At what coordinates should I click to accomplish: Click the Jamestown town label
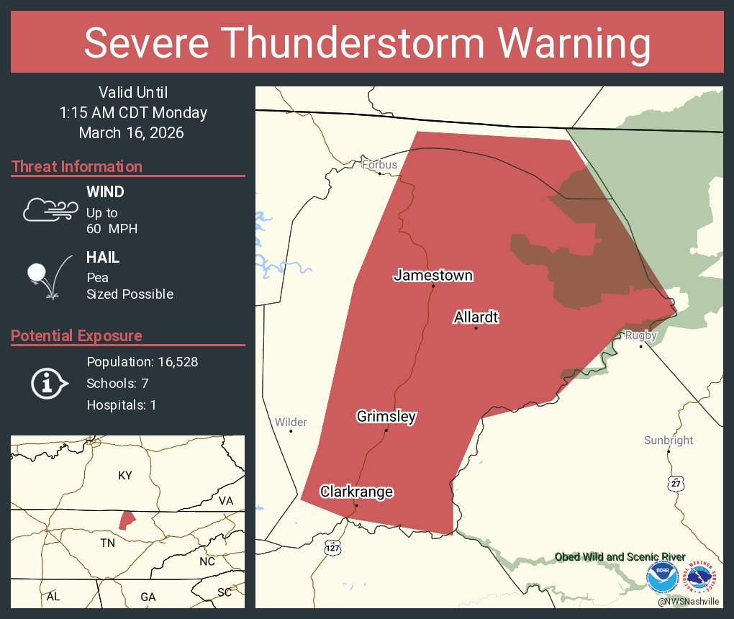tap(432, 275)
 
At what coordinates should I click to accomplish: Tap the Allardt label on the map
tap(476, 317)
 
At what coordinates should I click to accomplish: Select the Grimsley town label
tap(386, 416)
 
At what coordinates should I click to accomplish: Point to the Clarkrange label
tap(357, 492)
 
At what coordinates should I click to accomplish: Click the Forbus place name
tap(379, 165)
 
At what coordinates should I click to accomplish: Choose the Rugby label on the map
tap(640, 335)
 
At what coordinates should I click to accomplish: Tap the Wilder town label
tap(291, 422)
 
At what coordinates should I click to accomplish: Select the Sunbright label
tap(669, 440)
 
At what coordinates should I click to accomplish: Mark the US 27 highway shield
tap(674, 483)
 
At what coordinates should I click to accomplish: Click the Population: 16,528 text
tap(142, 361)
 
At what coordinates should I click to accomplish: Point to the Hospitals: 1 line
tap(121, 405)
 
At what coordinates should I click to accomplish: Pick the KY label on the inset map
tap(125, 476)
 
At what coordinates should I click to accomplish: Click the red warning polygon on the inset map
tap(127, 520)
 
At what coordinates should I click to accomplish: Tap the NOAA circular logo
tap(662, 578)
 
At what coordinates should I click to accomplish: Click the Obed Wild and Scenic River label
tap(620, 557)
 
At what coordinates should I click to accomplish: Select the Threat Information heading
tap(76, 166)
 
